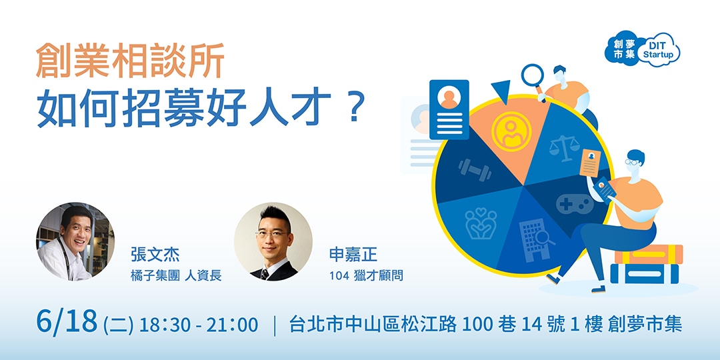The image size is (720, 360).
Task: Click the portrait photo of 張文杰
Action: point(75,241)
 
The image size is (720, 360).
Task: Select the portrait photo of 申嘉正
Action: point(273,241)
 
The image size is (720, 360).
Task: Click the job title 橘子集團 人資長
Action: point(176,275)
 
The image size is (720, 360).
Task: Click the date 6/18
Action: point(68,323)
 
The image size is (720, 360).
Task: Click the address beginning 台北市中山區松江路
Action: point(486,325)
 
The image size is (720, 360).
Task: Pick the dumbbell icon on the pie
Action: point(475,169)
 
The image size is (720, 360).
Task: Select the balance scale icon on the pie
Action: point(565,147)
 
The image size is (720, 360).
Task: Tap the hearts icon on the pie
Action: point(481,223)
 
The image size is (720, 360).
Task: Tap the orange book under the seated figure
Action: point(649,254)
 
